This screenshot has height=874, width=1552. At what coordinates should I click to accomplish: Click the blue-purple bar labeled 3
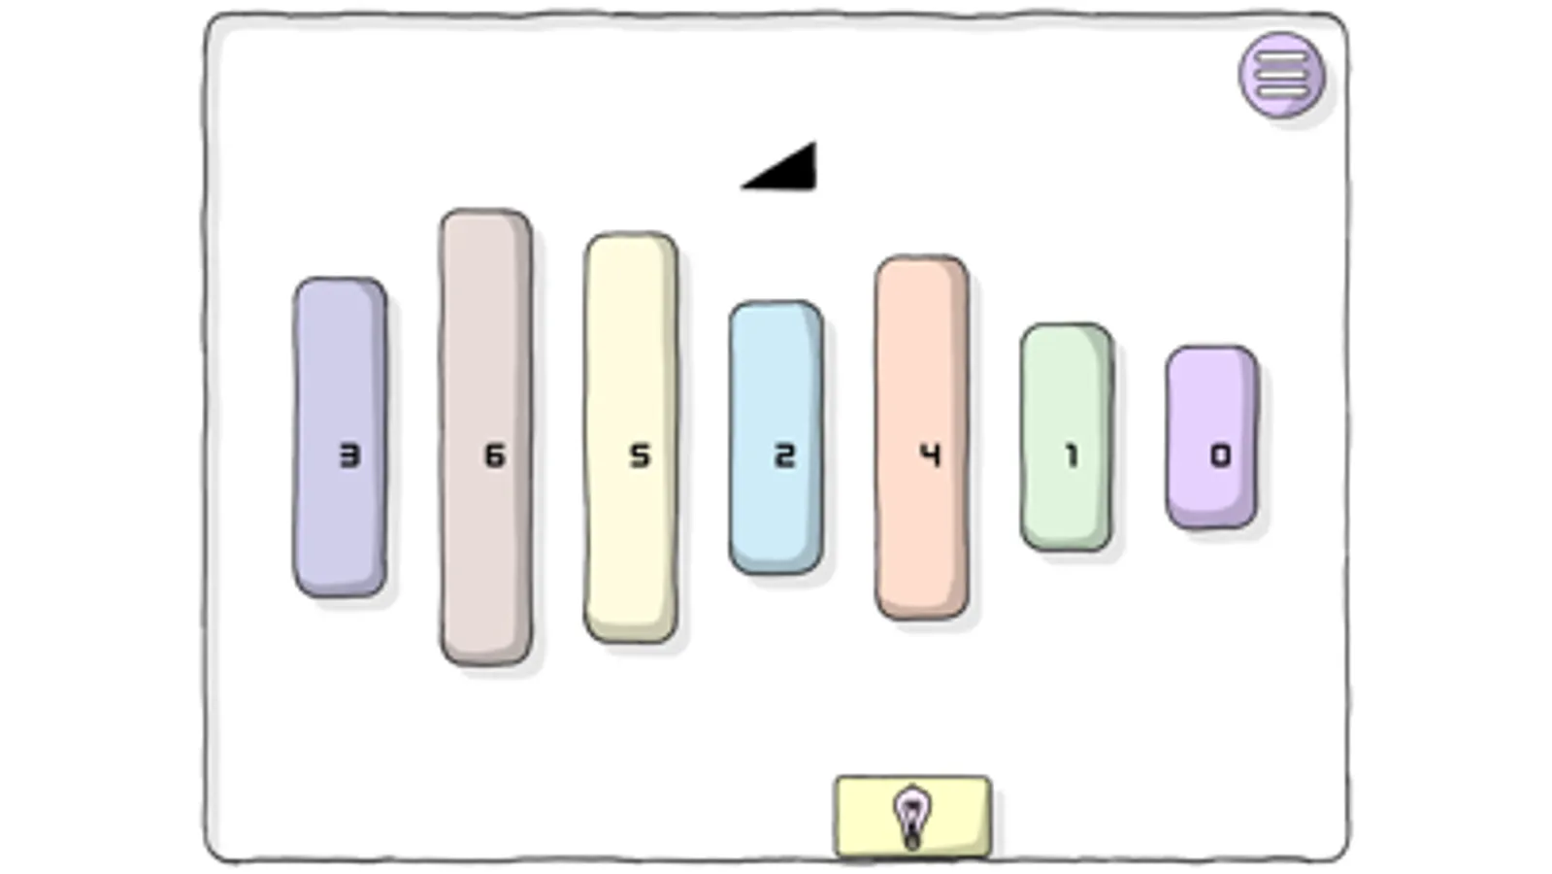coord(340,437)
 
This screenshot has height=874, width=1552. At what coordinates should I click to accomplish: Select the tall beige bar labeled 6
coord(485,437)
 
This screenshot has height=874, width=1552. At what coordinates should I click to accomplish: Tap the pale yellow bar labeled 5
coord(631,437)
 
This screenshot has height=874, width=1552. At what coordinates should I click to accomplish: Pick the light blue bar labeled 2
coord(776,437)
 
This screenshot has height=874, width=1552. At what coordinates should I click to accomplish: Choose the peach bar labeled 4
coord(921,437)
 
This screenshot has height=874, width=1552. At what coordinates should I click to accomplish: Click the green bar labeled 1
coord(1067,437)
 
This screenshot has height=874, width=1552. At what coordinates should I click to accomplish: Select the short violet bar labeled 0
coord(1212,437)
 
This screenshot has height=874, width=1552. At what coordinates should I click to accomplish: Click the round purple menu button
coord(1282,75)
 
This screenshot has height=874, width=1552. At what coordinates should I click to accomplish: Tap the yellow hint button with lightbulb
coord(913,817)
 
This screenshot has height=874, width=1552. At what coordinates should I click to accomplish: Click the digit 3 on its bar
coord(349,455)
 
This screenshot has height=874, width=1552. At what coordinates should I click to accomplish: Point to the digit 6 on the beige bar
coord(495,455)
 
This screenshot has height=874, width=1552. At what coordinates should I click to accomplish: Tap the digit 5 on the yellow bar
coord(641,455)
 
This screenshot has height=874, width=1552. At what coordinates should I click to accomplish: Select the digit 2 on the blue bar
coord(785,455)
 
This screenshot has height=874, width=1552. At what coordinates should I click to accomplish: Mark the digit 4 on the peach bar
coord(931,455)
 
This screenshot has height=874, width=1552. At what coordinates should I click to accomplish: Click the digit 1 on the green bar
coord(1073,455)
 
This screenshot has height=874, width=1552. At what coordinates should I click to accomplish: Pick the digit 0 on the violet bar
coord(1221,455)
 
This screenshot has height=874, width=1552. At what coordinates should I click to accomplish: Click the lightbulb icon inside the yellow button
coord(912,818)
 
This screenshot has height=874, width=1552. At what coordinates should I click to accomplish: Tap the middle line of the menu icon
coord(1282,74)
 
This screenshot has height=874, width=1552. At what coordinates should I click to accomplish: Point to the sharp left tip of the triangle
coord(742,187)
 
